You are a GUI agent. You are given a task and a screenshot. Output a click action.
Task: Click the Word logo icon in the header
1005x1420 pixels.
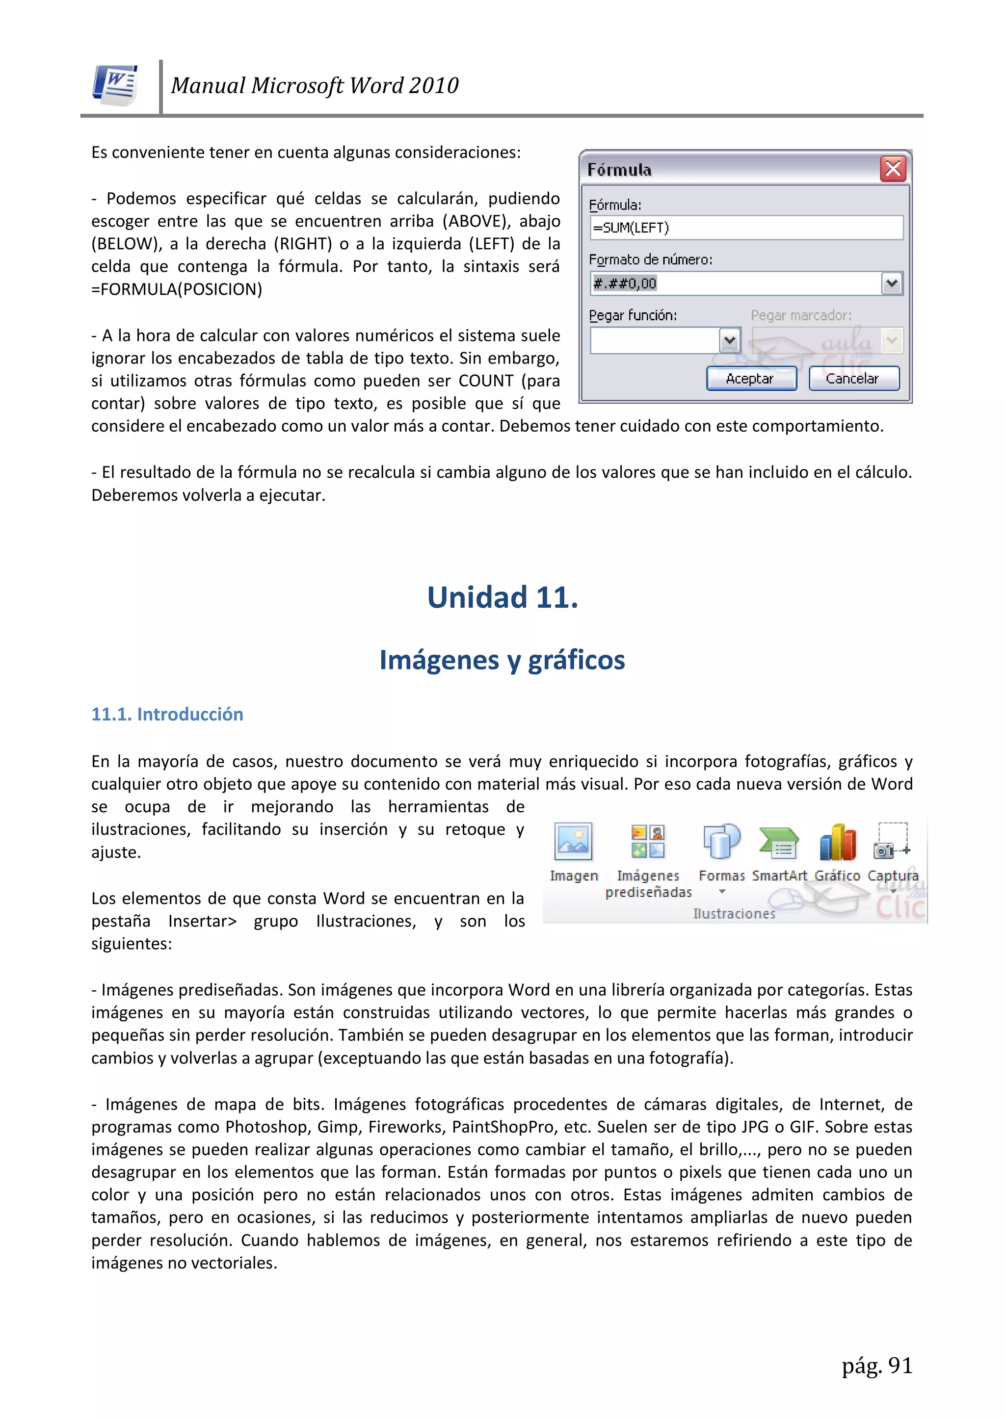click(115, 85)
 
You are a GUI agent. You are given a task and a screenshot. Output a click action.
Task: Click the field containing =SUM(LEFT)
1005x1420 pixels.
click(746, 228)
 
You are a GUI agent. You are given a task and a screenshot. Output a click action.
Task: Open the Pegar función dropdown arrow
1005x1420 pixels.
click(730, 340)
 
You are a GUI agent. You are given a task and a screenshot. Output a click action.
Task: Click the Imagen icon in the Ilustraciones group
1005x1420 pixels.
click(573, 842)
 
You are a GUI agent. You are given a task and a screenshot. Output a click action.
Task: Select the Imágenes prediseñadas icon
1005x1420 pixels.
click(648, 842)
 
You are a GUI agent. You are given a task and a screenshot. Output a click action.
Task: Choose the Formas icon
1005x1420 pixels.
click(721, 842)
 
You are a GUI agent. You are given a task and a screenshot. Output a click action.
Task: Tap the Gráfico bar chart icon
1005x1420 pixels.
click(837, 842)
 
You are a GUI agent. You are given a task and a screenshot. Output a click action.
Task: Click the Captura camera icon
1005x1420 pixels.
click(892, 842)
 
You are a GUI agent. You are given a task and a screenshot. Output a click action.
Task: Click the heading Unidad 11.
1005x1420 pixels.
click(502, 597)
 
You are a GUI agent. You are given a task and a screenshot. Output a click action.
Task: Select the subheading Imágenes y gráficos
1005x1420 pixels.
click(502, 660)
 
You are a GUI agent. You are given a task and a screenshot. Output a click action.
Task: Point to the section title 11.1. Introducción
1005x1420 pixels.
click(167, 714)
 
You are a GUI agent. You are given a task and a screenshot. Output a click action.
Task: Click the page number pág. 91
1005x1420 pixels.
click(877, 1366)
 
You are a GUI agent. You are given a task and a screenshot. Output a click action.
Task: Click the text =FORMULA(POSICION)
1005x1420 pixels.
click(176, 289)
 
